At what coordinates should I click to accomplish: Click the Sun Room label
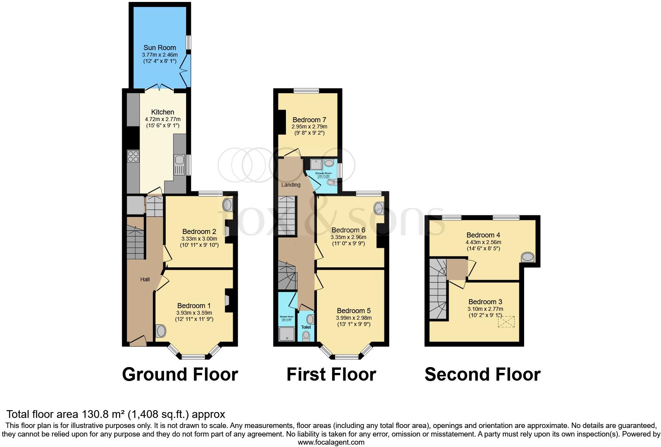point(159,48)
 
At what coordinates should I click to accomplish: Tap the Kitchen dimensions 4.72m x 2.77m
point(163,119)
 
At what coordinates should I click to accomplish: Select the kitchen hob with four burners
point(133,156)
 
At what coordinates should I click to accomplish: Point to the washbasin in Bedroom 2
point(228,204)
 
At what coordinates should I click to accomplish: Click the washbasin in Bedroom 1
point(161,331)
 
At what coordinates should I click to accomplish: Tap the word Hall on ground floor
point(145,279)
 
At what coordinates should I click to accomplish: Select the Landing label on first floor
point(291,185)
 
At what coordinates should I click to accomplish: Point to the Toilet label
point(306,327)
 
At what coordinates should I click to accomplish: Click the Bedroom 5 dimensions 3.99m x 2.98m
point(353,318)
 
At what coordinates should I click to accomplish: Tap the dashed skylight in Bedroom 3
point(506,322)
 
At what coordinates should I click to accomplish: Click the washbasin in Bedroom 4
point(527,257)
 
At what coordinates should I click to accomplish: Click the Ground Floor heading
point(180,374)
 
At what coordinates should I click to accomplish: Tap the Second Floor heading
point(482,374)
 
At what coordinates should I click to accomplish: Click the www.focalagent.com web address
point(331,442)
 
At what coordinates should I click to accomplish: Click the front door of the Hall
point(138,341)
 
